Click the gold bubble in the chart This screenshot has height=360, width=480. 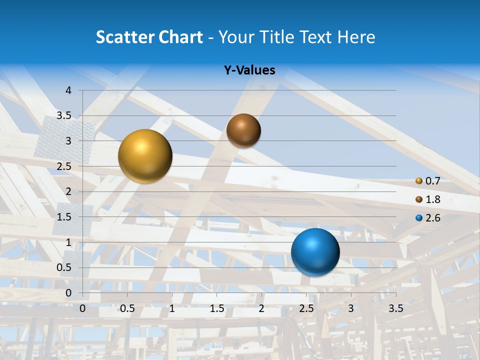[x=145, y=156]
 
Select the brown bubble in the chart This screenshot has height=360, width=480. [x=243, y=130]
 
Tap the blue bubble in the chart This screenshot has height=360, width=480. [x=315, y=252]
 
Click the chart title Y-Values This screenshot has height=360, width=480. [x=249, y=70]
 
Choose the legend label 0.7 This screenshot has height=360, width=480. [x=432, y=181]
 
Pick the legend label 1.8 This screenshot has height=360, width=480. [x=432, y=199]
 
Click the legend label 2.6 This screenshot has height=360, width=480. [x=432, y=218]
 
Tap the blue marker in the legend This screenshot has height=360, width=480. [x=419, y=218]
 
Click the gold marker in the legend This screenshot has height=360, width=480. [x=419, y=181]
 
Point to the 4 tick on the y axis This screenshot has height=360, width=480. [x=68, y=90]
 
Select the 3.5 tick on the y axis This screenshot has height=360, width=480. [x=64, y=115]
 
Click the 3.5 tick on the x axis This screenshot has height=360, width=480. [x=396, y=308]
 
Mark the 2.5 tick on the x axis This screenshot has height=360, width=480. [x=306, y=308]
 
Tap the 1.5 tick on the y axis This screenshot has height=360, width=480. [x=64, y=217]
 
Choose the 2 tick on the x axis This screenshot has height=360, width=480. [x=261, y=308]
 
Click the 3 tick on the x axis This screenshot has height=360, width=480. [x=351, y=308]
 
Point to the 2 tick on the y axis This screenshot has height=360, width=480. [x=68, y=191]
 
